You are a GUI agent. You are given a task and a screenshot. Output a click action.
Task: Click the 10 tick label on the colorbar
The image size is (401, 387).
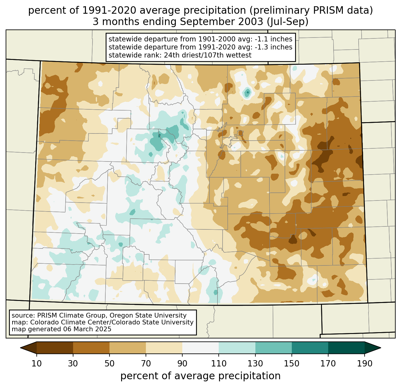37,363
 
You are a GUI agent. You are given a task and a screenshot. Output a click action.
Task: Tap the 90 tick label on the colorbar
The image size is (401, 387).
182,363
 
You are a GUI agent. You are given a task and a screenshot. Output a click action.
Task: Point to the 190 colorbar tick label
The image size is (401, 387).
364,363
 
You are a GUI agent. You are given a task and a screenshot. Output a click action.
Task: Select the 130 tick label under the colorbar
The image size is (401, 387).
255,363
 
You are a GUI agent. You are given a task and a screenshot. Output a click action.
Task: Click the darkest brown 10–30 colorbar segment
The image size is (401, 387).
55,348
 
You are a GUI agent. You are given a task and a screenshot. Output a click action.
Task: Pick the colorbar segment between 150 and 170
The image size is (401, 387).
310,348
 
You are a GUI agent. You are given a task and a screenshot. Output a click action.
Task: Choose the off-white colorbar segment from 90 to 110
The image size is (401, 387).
200,348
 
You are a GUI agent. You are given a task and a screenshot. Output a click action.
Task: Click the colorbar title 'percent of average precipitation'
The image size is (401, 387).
200,376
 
